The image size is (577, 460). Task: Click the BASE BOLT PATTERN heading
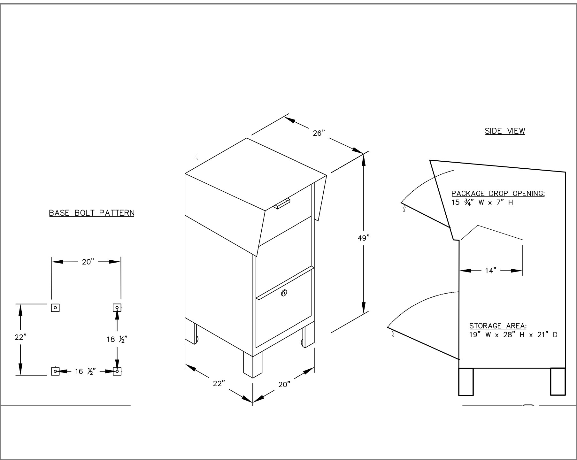coord(92,213)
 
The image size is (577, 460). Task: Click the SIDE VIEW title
coord(505,131)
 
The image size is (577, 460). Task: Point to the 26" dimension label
coord(319,133)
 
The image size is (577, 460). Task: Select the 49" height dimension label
coord(364,238)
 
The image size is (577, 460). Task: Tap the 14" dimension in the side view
coord(491,271)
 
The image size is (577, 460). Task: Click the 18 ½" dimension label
coord(117,339)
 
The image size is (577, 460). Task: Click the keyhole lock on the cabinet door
coord(284,293)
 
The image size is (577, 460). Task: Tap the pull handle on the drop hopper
coord(282,203)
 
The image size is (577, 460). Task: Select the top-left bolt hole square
coord(55,308)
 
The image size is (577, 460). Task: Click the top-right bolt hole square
coord(117,308)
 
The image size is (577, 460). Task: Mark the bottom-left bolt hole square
coord(55,371)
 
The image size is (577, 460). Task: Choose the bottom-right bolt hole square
coord(117,371)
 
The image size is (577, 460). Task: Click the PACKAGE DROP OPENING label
coord(498,194)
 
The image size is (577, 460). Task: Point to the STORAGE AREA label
coord(498,326)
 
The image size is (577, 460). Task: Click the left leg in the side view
coord(466,381)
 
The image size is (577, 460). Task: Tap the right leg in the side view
coord(558,381)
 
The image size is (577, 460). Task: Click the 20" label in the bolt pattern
coord(87,262)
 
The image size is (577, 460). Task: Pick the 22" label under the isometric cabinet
coord(219,383)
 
